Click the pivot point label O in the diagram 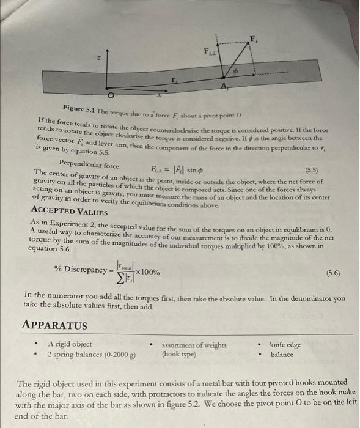point(111,97)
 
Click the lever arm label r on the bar point(174,79)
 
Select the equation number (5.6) point(334,273)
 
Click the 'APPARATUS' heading point(55,325)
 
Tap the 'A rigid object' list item point(70,344)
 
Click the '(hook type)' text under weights point(178,354)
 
